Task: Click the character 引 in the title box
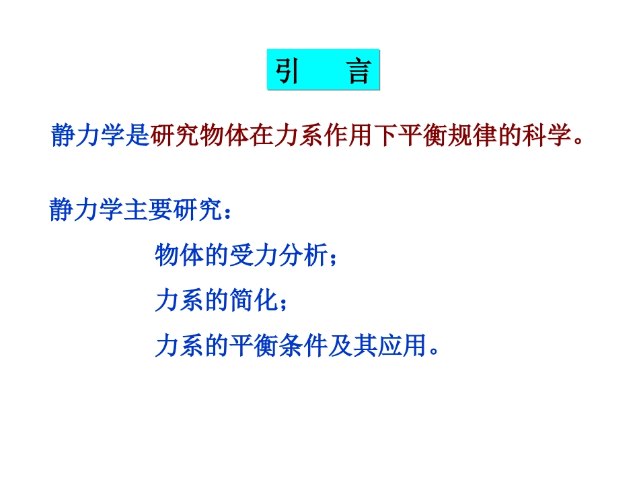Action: pyautogui.click(x=287, y=71)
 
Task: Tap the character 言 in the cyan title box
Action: pyautogui.click(x=359, y=71)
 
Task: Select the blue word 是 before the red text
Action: pyautogui.click(x=137, y=135)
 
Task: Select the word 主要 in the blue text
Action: pyautogui.click(x=138, y=210)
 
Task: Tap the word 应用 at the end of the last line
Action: pyautogui.click(x=400, y=345)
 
